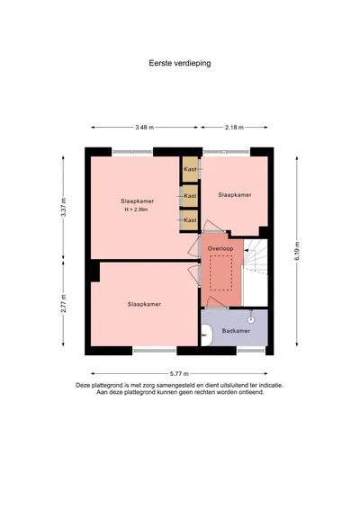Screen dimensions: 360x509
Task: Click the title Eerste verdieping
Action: [x=180, y=63]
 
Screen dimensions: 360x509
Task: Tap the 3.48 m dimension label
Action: [x=145, y=128]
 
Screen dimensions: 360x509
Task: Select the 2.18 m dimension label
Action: [x=234, y=128]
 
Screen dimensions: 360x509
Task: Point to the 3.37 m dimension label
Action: [x=64, y=208]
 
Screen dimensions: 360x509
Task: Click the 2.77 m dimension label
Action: [x=64, y=304]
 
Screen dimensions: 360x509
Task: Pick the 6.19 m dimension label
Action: [x=297, y=251]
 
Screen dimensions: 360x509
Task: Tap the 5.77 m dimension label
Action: [x=179, y=373]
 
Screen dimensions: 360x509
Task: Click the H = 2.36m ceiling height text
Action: [x=136, y=210]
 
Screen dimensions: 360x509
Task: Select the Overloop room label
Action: [x=220, y=249]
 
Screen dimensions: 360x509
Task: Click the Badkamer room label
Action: [x=236, y=331]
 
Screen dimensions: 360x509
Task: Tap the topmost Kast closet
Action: [x=190, y=169]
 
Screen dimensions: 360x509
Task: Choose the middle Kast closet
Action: [x=190, y=196]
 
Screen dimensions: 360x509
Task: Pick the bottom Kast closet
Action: [x=190, y=220]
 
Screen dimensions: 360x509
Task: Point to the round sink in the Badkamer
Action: [x=251, y=320]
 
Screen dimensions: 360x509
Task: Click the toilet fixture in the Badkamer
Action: [x=206, y=335]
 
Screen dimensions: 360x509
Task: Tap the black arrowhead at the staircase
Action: [x=246, y=251]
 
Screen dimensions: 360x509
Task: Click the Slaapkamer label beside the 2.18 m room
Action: [x=235, y=195]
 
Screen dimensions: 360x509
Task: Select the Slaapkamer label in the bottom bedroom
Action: [x=144, y=304]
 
